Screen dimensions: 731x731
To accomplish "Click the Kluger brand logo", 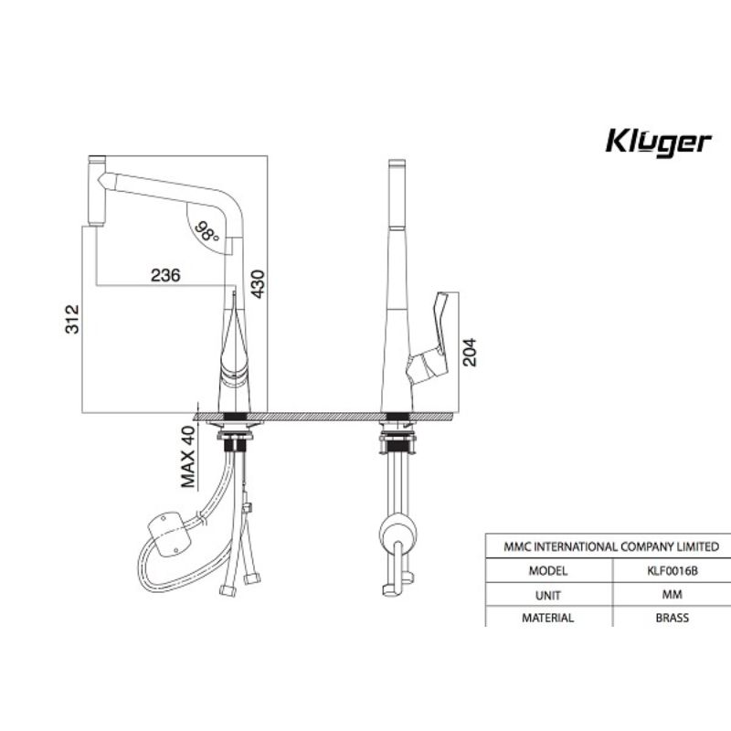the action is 658,143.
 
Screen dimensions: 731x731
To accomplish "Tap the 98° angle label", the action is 207,232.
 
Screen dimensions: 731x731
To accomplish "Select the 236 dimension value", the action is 165,275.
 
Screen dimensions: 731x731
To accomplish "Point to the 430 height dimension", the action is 258,284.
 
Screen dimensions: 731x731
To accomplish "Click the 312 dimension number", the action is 72,319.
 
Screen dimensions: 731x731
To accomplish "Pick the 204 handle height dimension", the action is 470,352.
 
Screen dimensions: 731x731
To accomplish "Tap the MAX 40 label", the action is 188,457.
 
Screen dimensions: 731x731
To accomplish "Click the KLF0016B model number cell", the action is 673,570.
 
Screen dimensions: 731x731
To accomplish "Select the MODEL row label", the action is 547,570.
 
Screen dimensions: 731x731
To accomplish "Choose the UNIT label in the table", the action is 547,595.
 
